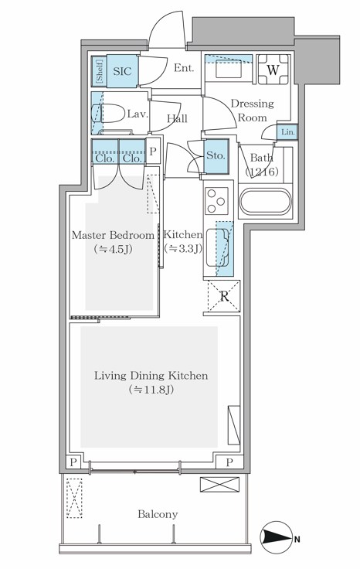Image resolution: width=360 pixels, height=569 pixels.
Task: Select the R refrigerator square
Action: click(x=223, y=295)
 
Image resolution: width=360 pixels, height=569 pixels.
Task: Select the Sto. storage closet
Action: click(x=216, y=155)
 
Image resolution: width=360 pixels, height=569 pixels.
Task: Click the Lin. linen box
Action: click(x=287, y=132)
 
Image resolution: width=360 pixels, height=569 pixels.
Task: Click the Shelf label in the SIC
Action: click(x=99, y=71)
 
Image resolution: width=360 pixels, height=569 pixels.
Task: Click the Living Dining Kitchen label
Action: click(x=151, y=376)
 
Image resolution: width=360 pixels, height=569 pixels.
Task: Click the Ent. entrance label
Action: click(x=184, y=68)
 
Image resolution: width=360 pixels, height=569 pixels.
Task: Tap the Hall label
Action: click(x=178, y=118)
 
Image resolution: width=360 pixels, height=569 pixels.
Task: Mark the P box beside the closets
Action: click(x=153, y=152)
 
